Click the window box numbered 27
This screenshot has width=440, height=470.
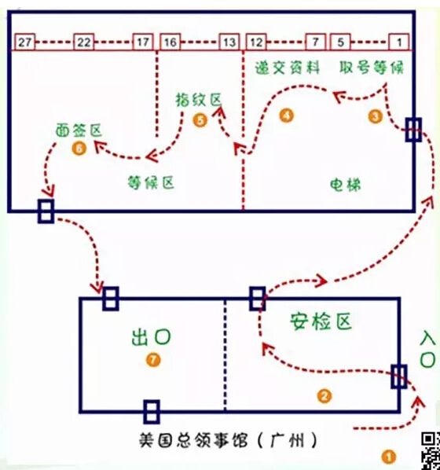(25, 42)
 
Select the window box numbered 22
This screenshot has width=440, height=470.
(84, 42)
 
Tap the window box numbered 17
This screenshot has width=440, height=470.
(143, 42)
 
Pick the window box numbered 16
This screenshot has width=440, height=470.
(170, 42)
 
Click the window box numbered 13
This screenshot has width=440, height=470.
(229, 42)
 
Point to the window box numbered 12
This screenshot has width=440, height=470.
(256, 42)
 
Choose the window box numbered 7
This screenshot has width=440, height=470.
(316, 42)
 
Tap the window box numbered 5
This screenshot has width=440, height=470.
(340, 42)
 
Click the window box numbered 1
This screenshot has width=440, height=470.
(399, 42)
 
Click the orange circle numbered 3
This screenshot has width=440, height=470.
(376, 116)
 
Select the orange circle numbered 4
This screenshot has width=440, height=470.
(286, 116)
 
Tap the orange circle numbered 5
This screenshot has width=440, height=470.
(200, 120)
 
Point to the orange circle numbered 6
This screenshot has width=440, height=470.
(79, 149)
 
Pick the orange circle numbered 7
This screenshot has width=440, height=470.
(153, 360)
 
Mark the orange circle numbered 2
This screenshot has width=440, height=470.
(324, 396)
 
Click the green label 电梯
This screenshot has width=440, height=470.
(346, 185)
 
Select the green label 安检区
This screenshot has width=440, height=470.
(321, 321)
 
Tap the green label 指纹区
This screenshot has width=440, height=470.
(199, 100)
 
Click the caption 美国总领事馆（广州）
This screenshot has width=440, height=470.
(229, 440)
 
